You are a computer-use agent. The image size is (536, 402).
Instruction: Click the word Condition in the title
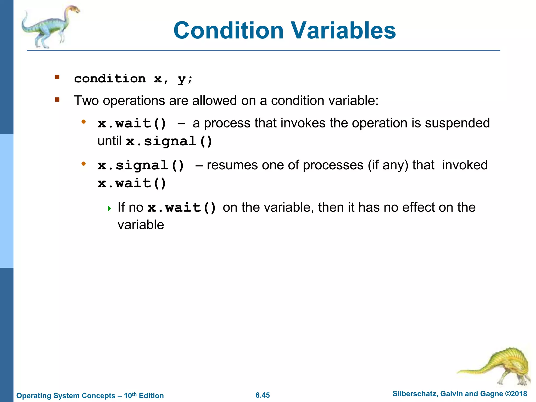[x=228, y=31]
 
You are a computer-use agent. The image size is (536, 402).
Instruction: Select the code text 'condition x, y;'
[x=133, y=79]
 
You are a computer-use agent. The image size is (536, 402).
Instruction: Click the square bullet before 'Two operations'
[x=57, y=100]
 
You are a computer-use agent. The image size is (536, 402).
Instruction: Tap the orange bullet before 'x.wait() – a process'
[x=83, y=121]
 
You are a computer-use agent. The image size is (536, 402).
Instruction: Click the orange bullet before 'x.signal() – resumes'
[x=83, y=164]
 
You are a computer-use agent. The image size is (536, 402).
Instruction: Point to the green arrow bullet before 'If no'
[x=109, y=209]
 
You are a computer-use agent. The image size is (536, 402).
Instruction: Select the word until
[x=109, y=141]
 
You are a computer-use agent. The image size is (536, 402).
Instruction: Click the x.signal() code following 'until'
[x=169, y=141]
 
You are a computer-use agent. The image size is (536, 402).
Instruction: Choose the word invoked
[x=465, y=165]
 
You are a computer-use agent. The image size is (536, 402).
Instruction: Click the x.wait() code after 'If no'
[x=182, y=208]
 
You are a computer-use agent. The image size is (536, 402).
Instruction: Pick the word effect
[x=418, y=207]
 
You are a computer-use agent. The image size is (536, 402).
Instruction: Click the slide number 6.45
[x=263, y=395]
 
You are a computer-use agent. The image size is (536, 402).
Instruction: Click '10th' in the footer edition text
[x=130, y=395]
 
